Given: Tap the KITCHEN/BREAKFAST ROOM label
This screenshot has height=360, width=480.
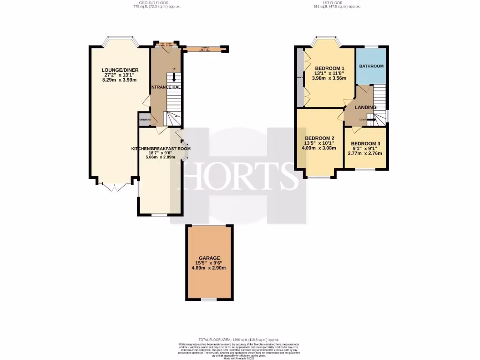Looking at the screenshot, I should tap(161, 149).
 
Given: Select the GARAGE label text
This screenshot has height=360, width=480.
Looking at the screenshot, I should tap(209, 257).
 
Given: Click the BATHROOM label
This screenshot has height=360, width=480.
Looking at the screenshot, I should tap(371, 66).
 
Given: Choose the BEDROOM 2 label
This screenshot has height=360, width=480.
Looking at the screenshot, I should tap(319, 138).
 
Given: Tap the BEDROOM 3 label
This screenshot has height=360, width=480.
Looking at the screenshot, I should tap(365, 143).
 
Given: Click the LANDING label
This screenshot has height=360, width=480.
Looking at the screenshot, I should tap(365, 107).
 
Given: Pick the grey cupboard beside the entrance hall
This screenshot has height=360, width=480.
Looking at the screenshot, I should tap(144, 120).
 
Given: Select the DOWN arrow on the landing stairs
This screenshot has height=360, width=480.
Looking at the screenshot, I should tap(370, 120).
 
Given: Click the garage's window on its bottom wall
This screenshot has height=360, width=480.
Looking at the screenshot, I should tap(209, 299).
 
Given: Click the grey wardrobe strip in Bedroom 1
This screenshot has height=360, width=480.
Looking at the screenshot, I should tap(300, 77).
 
